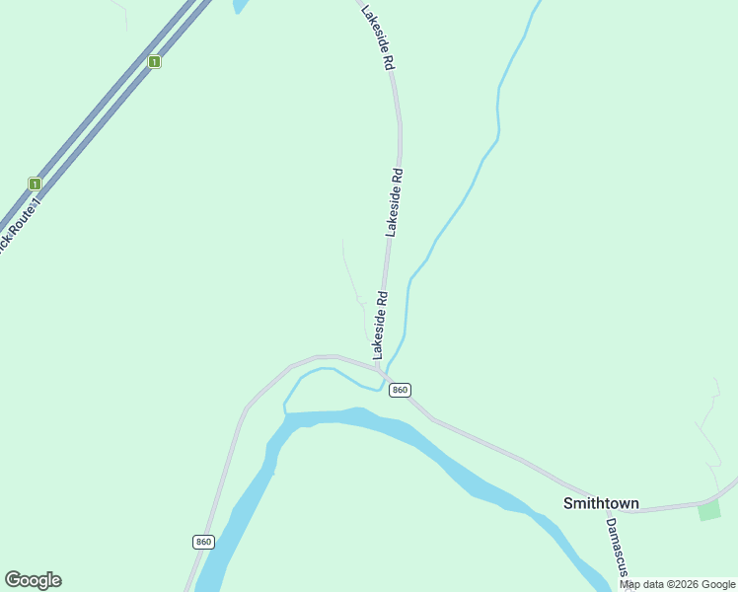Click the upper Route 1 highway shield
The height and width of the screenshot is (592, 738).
click(x=154, y=61)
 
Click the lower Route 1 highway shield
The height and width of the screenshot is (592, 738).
click(x=35, y=184)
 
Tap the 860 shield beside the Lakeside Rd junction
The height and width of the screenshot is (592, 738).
click(x=399, y=390)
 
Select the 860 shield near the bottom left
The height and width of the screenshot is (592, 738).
click(x=202, y=542)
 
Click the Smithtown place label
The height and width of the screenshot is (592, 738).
click(x=601, y=503)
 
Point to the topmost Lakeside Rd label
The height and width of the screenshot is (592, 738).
click(x=378, y=37)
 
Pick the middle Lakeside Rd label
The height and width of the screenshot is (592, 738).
click(x=394, y=201)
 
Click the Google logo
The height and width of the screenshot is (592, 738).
click(x=33, y=580)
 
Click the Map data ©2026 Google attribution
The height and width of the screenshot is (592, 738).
click(x=678, y=584)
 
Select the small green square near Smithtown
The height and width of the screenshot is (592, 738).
click(x=708, y=510)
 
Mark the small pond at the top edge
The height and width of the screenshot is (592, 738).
click(x=240, y=5)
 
